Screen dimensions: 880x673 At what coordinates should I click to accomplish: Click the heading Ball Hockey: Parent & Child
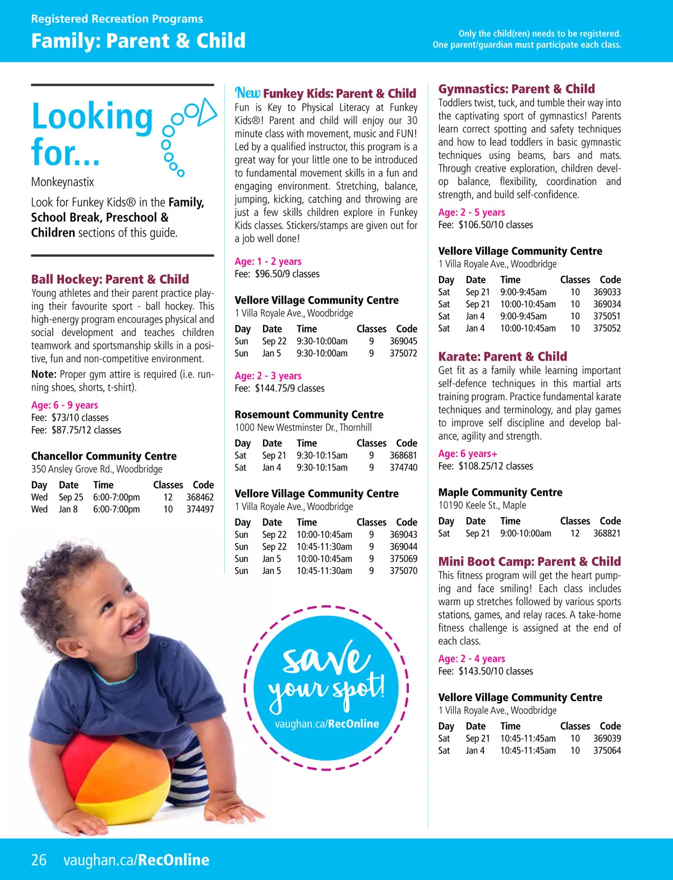110,279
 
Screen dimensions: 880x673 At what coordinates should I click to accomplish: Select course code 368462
200,497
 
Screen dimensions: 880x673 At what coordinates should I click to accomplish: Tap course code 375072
403,353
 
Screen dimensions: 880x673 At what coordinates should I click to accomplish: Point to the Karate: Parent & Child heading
503,357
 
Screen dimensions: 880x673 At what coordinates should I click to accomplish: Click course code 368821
607,533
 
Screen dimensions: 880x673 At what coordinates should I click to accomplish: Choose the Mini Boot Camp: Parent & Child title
529,562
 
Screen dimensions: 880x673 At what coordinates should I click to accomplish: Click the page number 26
39,860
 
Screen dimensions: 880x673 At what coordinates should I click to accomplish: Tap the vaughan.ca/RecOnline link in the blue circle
326,724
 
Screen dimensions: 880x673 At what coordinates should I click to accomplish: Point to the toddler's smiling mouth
133,628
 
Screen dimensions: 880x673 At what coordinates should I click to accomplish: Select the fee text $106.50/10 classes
495,225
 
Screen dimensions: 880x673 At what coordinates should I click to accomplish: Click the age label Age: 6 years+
468,454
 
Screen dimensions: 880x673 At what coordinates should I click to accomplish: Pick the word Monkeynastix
63,182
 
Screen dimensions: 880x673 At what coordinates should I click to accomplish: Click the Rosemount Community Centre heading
309,414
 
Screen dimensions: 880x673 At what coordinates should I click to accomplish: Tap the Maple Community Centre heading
500,492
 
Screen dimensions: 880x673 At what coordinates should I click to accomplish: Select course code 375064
607,750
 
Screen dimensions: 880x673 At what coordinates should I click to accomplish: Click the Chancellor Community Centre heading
104,457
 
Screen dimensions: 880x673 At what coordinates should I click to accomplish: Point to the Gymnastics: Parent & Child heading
517,89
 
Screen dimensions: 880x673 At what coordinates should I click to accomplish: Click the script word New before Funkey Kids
247,93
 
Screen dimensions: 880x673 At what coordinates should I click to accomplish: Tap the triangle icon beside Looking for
207,111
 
